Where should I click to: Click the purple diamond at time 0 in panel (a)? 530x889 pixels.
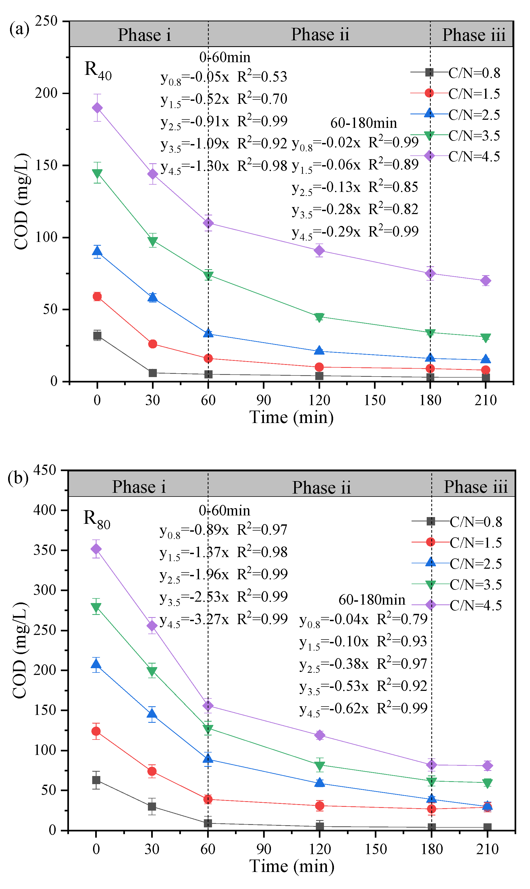[x=97, y=108]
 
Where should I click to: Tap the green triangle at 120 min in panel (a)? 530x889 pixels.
[x=319, y=317]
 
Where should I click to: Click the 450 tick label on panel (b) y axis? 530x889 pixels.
[x=45, y=470]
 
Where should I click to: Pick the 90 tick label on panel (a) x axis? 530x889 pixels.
[x=264, y=400]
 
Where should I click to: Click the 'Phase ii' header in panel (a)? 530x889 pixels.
[x=320, y=35]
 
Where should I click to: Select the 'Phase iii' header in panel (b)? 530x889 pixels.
[x=475, y=487]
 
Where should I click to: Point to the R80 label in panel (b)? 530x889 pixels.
[x=97, y=519]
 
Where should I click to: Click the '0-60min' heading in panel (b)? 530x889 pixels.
[x=224, y=510]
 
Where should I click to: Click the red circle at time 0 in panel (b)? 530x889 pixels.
[x=96, y=731]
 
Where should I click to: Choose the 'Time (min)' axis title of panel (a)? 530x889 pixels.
[x=291, y=417]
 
